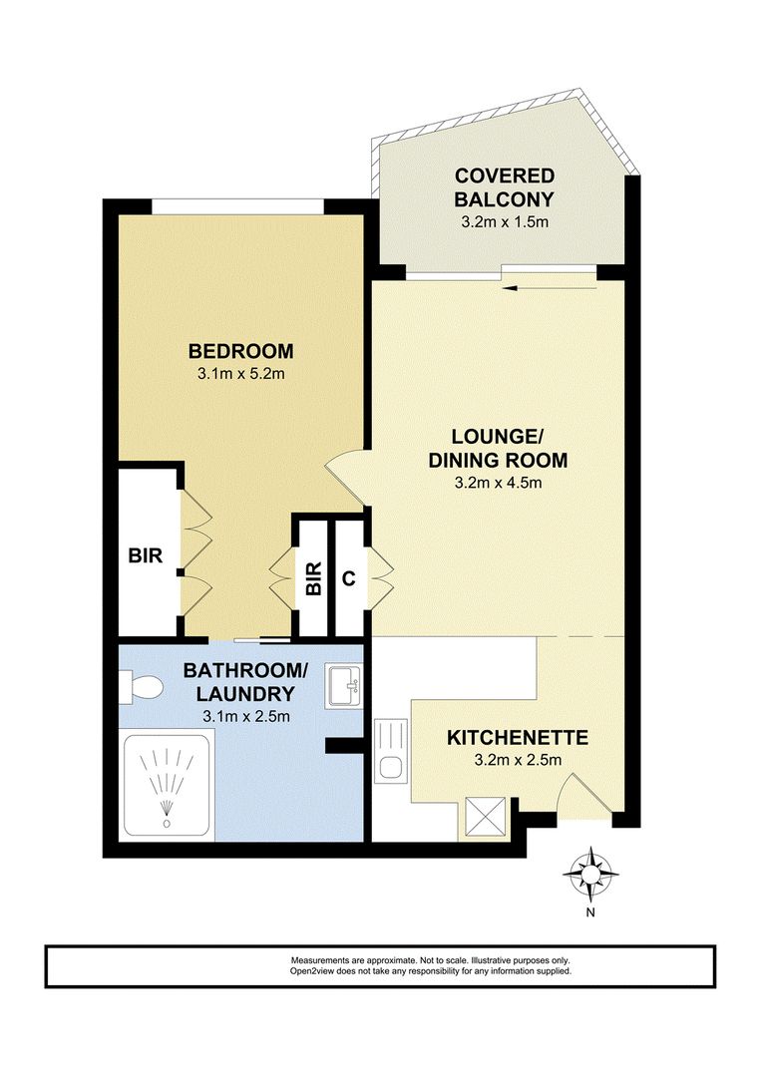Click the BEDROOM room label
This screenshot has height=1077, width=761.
pos(241,351)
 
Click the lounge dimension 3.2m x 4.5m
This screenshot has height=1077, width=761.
pos(498,486)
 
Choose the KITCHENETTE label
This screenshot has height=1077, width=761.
pos(517,738)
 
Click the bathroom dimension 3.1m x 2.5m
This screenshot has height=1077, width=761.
pos(240,716)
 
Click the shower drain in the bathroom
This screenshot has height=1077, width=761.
pos(166,825)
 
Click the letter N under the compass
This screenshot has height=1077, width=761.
pos(590,911)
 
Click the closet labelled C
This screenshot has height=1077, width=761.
pos(348,576)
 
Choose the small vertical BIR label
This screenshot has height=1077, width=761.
pos(313,577)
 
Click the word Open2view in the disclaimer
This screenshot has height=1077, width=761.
pos(310,970)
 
